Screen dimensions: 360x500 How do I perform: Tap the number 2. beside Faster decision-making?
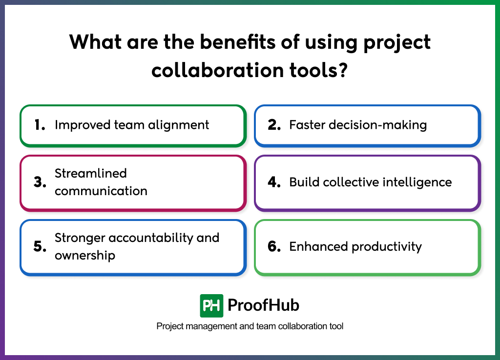(274, 125)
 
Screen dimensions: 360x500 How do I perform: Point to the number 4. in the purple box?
(274, 182)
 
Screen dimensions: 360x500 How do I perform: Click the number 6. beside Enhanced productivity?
(274, 246)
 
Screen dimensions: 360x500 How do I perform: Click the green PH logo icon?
(211, 306)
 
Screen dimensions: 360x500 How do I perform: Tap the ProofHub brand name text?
(263, 306)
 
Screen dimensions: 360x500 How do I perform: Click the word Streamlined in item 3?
(91, 173)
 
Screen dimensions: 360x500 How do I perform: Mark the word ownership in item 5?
(85, 255)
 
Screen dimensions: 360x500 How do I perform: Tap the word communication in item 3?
(101, 191)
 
